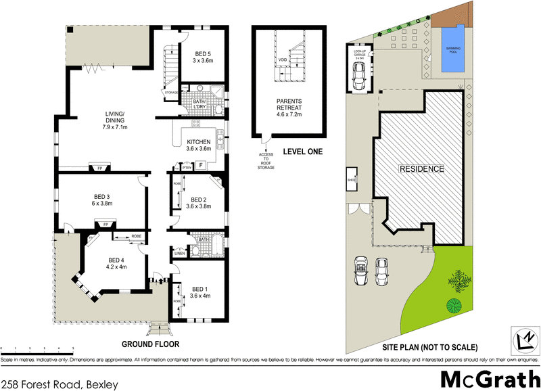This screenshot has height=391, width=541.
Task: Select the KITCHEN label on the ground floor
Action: [x=199, y=145]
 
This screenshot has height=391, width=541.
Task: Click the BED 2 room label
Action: [x=199, y=203]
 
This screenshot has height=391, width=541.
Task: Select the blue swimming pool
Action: [x=449, y=49]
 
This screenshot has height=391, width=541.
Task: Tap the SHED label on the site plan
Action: [x=352, y=180]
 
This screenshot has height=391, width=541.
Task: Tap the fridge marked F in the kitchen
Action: [x=200, y=164]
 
